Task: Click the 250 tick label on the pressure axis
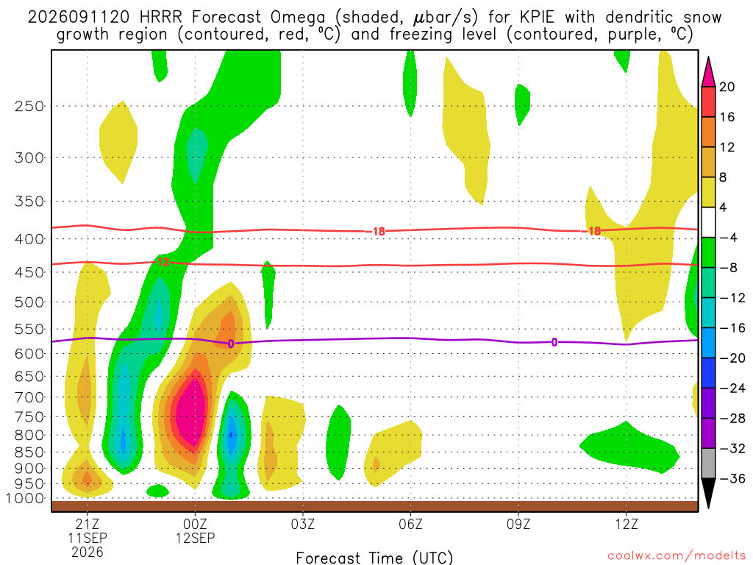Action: pyautogui.click(x=29, y=106)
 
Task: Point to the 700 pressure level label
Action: pyautogui.click(x=29, y=397)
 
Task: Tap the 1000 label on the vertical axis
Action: pyautogui.click(x=25, y=498)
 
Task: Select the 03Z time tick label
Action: pyautogui.click(x=302, y=524)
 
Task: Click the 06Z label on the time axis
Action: pyautogui.click(x=410, y=524)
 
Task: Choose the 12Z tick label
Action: pyautogui.click(x=627, y=524)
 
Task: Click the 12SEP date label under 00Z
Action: pyautogui.click(x=195, y=538)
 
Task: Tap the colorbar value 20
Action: pyautogui.click(x=727, y=87)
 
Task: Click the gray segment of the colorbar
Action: pyautogui.click(x=708, y=463)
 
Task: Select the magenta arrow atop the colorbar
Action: pyautogui.click(x=708, y=72)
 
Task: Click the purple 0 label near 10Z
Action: pyautogui.click(x=554, y=342)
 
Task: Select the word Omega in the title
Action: pyautogui.click(x=298, y=18)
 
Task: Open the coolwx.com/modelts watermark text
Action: pyautogui.click(x=677, y=556)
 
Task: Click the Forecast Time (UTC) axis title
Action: pyautogui.click(x=374, y=558)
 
